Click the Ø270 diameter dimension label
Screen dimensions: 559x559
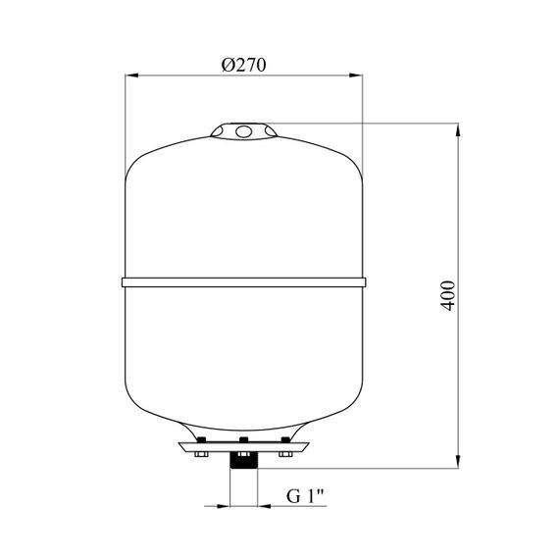pyautogui.click(x=244, y=66)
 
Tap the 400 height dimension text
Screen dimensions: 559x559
pyautogui.click(x=448, y=295)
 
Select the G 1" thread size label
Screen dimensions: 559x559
pyautogui.click(x=305, y=496)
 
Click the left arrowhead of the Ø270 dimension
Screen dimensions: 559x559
pyautogui.click(x=131, y=76)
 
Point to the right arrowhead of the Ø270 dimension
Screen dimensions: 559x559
pyautogui.click(x=355, y=76)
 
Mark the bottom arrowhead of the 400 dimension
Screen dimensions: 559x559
pyautogui.click(x=458, y=462)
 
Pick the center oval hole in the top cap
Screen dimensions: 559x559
pyautogui.click(x=244, y=131)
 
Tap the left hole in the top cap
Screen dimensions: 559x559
pyautogui.click(x=217, y=131)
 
